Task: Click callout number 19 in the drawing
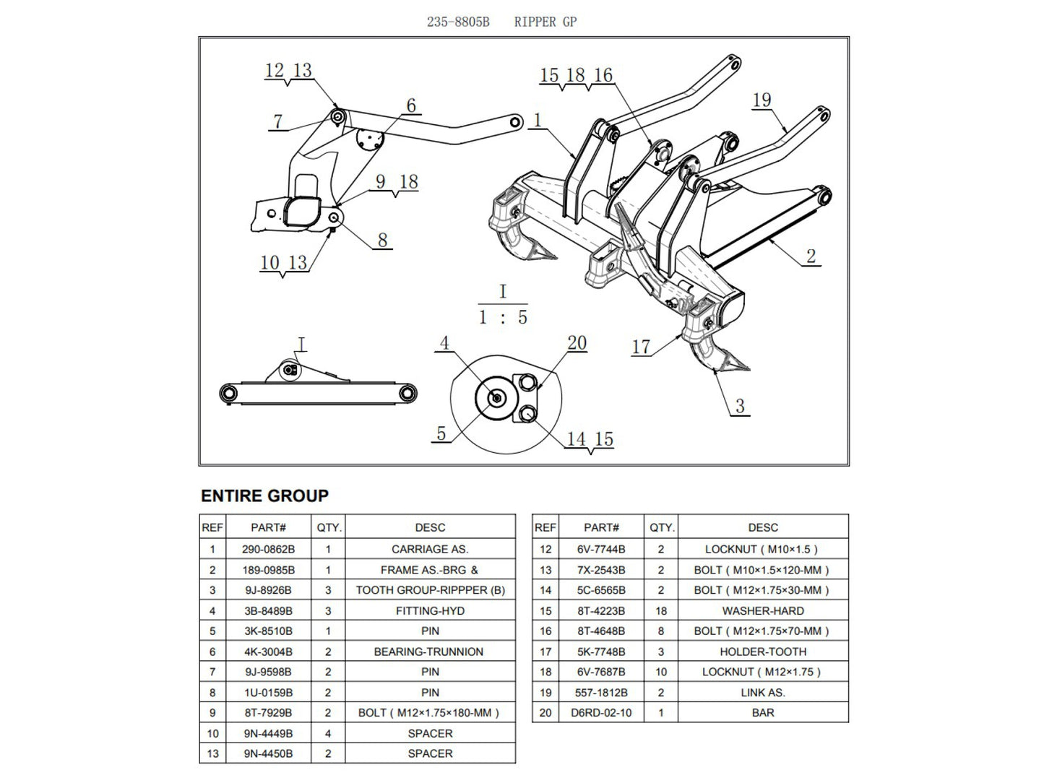coord(762,100)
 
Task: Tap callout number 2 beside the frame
coord(811,255)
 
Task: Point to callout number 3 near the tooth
coord(740,405)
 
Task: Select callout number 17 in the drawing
coord(642,347)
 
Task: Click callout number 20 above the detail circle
coord(577,342)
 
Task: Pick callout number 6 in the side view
coord(411,105)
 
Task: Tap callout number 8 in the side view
coord(383,240)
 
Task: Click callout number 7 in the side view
coord(278,121)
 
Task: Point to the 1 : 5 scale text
coord(503,316)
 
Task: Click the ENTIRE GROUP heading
coord(264,496)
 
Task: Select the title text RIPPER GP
coord(545,22)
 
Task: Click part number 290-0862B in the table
coord(268,549)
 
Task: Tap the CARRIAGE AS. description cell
coord(430,549)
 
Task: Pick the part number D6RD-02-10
coord(601,712)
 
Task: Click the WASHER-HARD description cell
coord(763,610)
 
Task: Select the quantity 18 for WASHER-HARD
coord(661,610)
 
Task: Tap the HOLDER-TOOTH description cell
coord(763,652)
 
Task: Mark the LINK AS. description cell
coord(763,692)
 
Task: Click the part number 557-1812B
coord(601,692)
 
